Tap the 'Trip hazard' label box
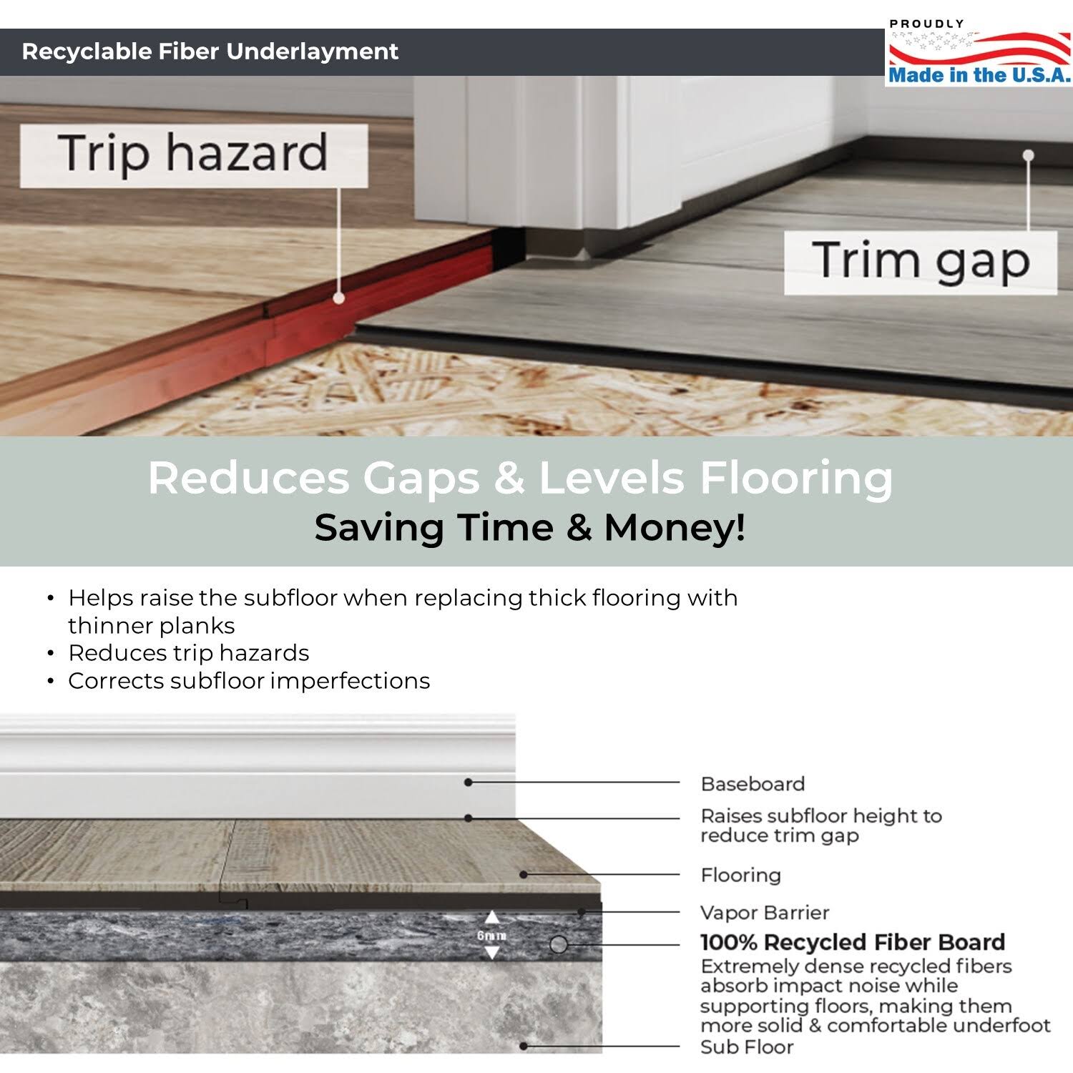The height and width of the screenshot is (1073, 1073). point(194,155)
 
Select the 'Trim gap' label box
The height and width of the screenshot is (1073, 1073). point(921,262)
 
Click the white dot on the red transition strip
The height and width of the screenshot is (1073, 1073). point(339,298)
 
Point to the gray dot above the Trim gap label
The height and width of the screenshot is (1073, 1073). point(1029,155)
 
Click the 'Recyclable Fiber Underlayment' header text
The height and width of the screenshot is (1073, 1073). point(210,52)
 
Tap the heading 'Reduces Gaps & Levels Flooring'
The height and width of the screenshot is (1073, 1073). point(520,478)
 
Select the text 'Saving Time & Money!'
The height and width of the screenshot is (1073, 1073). point(530,528)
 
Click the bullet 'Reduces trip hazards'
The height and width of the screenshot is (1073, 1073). point(189,653)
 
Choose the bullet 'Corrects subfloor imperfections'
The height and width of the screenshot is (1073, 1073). point(249,681)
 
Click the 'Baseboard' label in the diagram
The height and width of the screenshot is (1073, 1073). point(753,784)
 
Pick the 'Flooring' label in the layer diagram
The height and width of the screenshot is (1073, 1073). point(740,875)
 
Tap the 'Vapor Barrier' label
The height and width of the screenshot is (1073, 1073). point(765,913)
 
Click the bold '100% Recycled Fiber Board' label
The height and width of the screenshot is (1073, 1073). point(853,942)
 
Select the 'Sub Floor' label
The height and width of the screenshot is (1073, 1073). point(747,1047)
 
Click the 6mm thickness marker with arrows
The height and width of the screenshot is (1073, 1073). point(491,936)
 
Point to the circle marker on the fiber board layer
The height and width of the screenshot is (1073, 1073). point(559,945)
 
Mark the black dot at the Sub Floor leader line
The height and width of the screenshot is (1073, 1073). point(524,1046)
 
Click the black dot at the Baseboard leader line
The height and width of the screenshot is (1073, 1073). point(469,783)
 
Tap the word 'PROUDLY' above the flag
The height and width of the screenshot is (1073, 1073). point(926,24)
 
